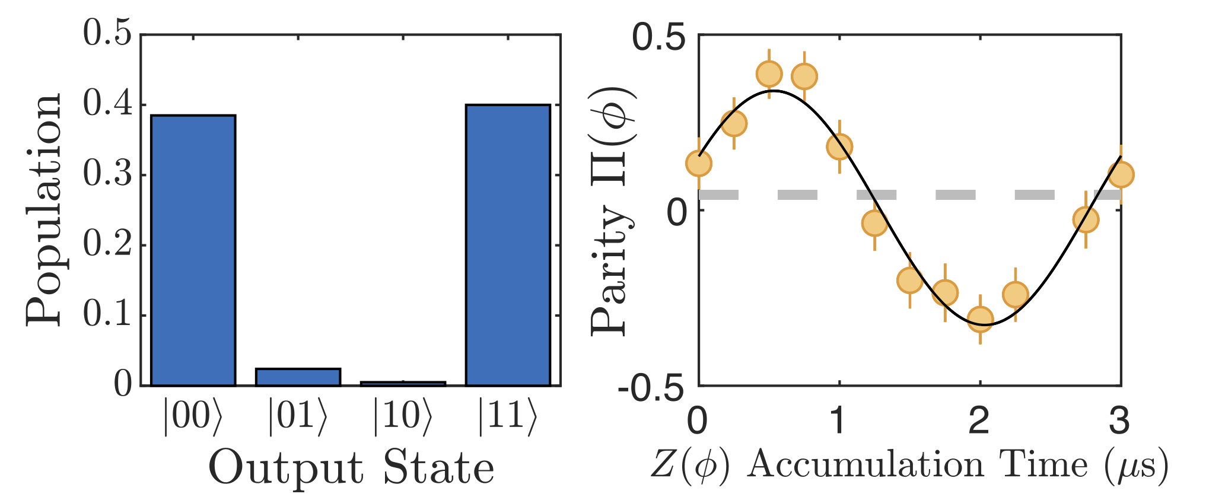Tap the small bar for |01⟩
(x=298, y=377)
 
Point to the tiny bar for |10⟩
(x=403, y=384)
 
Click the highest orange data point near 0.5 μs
(x=769, y=74)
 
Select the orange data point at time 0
(x=699, y=163)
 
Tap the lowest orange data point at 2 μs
(x=981, y=319)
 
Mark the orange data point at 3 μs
(x=1121, y=175)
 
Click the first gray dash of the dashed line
(x=719, y=195)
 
